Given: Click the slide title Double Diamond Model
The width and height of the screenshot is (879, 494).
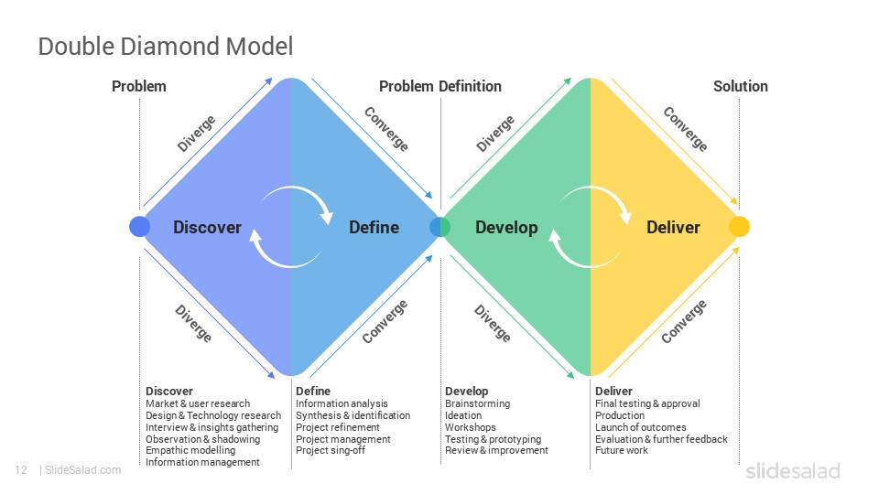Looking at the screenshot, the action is [x=166, y=47].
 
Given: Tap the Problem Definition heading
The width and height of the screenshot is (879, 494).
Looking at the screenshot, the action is [x=440, y=86].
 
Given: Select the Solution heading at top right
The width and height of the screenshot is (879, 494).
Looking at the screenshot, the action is [x=740, y=86].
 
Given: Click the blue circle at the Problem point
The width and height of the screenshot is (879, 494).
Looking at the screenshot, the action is [x=139, y=226].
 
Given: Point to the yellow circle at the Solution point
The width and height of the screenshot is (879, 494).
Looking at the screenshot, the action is [x=740, y=226].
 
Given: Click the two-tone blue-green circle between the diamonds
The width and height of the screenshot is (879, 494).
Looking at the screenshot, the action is [x=440, y=226].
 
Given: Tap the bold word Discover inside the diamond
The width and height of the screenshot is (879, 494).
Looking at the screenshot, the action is [x=208, y=228].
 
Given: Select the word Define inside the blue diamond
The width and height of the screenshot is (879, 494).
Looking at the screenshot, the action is [x=374, y=228].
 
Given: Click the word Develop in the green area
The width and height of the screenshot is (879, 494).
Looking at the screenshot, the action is [x=506, y=228].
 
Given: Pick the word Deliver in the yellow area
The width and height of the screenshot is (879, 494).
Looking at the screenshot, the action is [x=673, y=228].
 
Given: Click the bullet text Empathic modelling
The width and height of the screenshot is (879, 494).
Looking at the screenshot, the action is [x=190, y=450].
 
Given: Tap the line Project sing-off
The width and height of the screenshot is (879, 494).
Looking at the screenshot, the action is [x=331, y=450].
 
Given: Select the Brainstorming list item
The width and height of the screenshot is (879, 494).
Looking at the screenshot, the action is [x=478, y=403].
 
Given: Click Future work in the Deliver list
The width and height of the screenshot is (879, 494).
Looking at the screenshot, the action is [x=621, y=450].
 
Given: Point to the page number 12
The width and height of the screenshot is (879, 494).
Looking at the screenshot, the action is [x=21, y=470].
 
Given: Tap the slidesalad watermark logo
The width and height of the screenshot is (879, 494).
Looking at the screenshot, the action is [x=793, y=470].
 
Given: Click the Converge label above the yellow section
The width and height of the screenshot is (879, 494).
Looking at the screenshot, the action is [x=685, y=129].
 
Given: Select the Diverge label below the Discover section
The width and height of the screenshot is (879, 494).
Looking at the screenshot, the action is [x=193, y=323].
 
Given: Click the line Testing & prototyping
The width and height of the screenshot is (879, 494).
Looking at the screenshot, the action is [x=494, y=439].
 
